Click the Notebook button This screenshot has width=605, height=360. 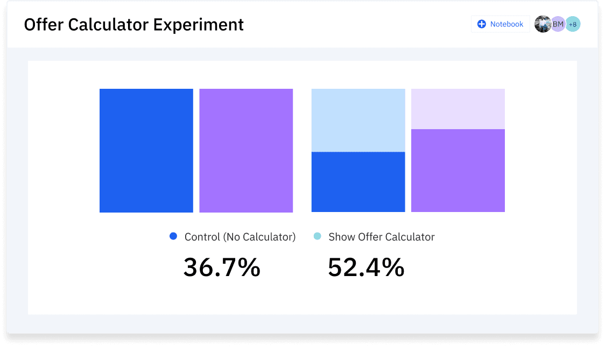(x=501, y=24)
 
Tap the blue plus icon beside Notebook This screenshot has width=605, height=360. (x=482, y=24)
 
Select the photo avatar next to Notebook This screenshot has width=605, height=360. (x=543, y=24)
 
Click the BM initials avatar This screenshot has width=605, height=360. (x=558, y=24)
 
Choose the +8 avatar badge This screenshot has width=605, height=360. (x=573, y=24)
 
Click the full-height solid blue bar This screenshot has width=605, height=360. (x=146, y=151)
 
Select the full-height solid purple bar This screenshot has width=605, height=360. (x=246, y=151)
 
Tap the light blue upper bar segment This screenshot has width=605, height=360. (x=358, y=120)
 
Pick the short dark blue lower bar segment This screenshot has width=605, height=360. (x=358, y=182)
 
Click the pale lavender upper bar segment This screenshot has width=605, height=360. (x=458, y=109)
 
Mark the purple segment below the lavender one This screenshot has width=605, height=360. (x=458, y=171)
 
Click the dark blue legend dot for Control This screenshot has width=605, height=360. (x=173, y=236)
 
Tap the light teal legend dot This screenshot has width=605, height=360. (x=318, y=236)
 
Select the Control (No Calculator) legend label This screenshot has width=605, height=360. (x=240, y=237)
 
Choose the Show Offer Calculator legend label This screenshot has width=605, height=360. (x=382, y=237)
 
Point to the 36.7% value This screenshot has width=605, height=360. (x=222, y=267)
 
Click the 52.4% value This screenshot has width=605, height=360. (x=366, y=267)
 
